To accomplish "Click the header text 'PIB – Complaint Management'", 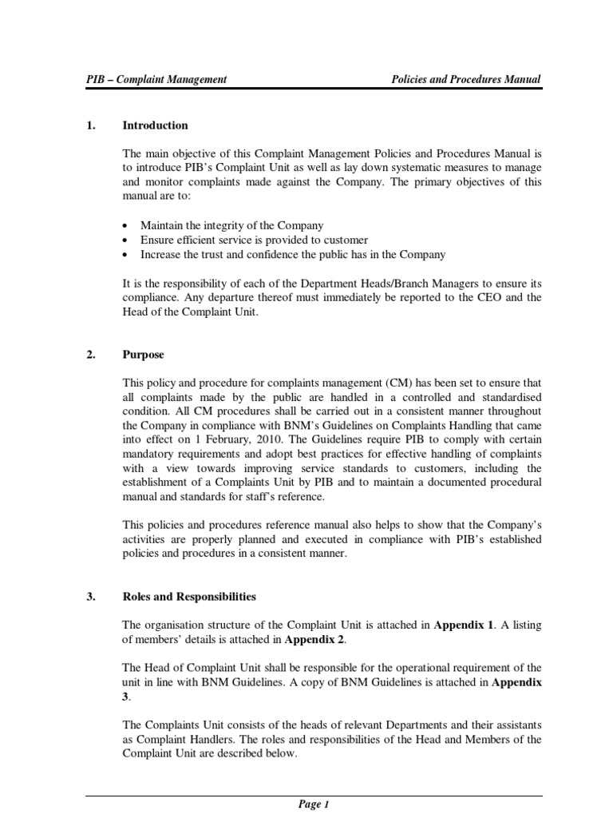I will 156,79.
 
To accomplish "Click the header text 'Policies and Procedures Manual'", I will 465,79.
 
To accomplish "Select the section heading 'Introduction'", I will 155,125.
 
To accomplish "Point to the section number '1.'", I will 90,125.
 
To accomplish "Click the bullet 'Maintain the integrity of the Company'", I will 231,226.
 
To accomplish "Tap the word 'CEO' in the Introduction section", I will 495,297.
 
